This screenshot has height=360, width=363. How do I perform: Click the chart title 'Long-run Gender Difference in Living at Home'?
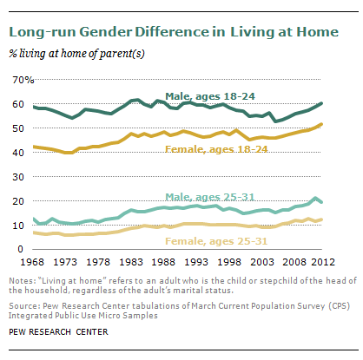pyautogui.click(x=174, y=32)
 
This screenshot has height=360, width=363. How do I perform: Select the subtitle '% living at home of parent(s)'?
pyautogui.click(x=76, y=54)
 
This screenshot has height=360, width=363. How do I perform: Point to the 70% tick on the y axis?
pyautogui.click(x=23, y=80)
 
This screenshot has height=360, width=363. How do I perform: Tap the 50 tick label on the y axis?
pyautogui.click(x=18, y=128)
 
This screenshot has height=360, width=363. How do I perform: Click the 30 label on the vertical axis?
pyautogui.click(x=18, y=177)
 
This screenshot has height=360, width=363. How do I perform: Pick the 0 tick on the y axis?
pyautogui.click(x=20, y=249)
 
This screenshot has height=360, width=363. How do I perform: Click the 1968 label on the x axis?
pyautogui.click(x=32, y=262)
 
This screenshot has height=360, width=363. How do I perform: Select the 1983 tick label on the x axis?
pyautogui.click(x=131, y=262)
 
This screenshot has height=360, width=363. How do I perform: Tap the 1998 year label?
pyautogui.click(x=229, y=262)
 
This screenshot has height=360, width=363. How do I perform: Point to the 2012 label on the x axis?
pyautogui.click(x=323, y=262)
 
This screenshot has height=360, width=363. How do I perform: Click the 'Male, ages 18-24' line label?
pyautogui.click(x=210, y=96)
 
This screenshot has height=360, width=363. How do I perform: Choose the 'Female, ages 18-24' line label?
pyautogui.click(x=216, y=149)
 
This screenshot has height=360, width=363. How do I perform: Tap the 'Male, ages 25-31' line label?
pyautogui.click(x=210, y=197)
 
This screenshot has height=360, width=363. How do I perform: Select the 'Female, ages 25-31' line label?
pyautogui.click(x=216, y=241)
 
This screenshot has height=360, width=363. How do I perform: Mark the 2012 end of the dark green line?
pyautogui.click(x=321, y=103)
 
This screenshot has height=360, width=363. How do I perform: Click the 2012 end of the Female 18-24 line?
pyautogui.click(x=321, y=124)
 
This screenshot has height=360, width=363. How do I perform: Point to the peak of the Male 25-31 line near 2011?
pyautogui.click(x=315, y=198)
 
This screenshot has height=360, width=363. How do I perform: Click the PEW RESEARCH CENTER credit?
pyautogui.click(x=58, y=332)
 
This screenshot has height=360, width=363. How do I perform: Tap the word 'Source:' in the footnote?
pyautogui.click(x=24, y=306)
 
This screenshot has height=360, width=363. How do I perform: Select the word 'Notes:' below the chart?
pyautogui.click(x=23, y=281)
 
